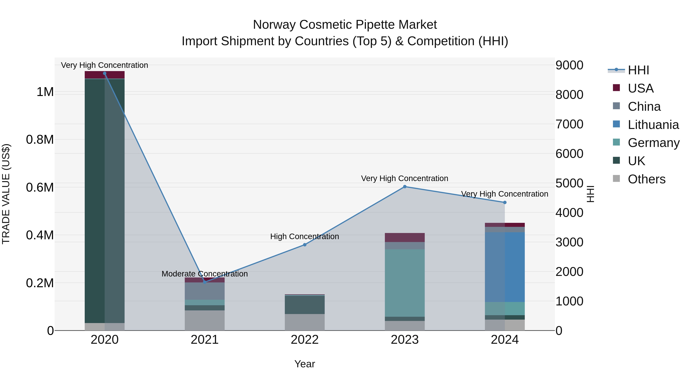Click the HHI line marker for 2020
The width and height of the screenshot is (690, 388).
[104, 73]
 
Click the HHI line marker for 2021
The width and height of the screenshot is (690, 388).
[205, 282]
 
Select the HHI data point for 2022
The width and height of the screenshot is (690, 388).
[305, 245]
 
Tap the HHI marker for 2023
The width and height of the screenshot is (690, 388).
[405, 187]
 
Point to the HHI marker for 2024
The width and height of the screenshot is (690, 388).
[505, 203]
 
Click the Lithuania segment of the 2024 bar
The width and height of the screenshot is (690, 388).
[505, 267]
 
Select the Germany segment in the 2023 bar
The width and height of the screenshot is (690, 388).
[405, 283]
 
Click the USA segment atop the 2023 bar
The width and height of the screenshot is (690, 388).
[405, 238]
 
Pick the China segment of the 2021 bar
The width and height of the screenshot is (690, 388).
[205, 291]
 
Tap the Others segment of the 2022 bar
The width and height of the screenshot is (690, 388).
[305, 322]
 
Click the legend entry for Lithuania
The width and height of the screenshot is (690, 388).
[653, 125]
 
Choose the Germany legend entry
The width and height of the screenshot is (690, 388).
[654, 143]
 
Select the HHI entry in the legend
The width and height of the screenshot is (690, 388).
[638, 70]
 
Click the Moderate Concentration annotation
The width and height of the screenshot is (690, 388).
[205, 274]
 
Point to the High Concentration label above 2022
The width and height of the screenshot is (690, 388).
[305, 236]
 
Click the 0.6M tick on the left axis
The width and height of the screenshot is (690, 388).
[40, 187]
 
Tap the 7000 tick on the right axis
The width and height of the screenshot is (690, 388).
[569, 124]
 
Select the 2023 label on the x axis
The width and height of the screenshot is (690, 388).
[405, 340]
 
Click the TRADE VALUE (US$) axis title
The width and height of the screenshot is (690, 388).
[6, 194]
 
